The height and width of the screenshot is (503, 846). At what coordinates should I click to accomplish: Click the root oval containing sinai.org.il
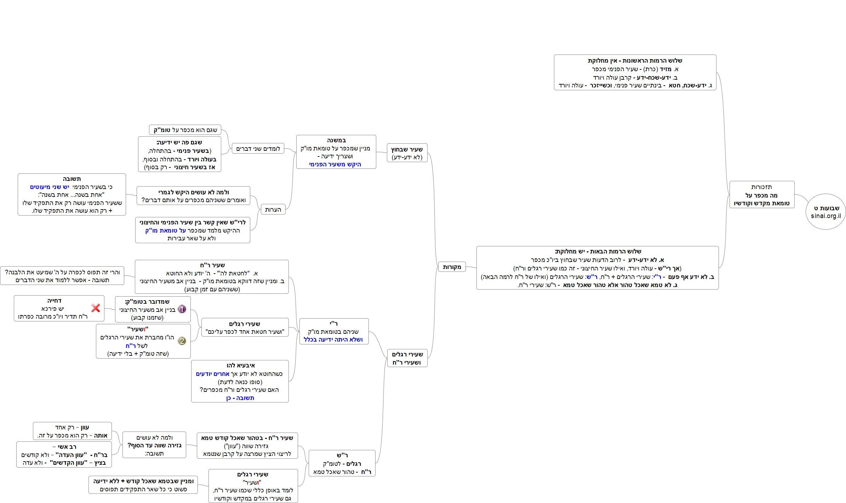pyautogui.click(x=825, y=212)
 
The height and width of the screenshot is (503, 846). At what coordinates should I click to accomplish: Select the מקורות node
pyautogui.click(x=452, y=267)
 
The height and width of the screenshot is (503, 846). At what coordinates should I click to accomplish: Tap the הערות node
pyautogui.click(x=273, y=210)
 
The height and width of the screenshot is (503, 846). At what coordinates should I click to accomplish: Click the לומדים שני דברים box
pyautogui.click(x=258, y=149)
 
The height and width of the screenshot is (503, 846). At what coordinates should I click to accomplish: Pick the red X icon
pyautogui.click(x=96, y=308)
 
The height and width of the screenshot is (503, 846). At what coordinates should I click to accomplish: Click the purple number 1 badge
pyautogui.click(x=182, y=309)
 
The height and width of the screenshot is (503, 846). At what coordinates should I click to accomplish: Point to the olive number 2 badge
pyautogui.click(x=182, y=341)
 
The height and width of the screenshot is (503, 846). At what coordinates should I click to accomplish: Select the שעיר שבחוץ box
pyautogui.click(x=407, y=153)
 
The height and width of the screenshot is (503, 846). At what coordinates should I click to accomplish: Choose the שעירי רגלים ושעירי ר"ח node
pyautogui.click(x=407, y=358)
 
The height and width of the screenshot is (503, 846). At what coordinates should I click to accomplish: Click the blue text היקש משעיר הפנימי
pyautogui.click(x=335, y=164)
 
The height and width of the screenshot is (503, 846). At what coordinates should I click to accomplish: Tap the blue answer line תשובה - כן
pyautogui.click(x=240, y=398)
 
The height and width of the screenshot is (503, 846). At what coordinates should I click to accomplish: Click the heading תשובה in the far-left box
pyautogui.click(x=72, y=179)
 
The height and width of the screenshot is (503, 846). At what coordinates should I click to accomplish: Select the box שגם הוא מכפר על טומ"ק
pyautogui.click(x=185, y=130)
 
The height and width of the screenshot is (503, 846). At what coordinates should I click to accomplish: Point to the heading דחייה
pyautogui.click(x=54, y=301)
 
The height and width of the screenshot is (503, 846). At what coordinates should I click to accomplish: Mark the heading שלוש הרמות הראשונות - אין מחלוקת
pyautogui.click(x=635, y=61)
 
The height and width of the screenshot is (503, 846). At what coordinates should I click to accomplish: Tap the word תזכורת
pyautogui.click(x=761, y=187)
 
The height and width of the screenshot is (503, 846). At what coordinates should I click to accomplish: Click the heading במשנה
pyautogui.click(x=336, y=140)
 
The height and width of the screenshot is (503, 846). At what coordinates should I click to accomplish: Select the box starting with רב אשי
pyautogui.click(x=64, y=455)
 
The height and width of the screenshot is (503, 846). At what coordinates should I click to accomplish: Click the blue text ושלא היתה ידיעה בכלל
pyautogui.click(x=333, y=339)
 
